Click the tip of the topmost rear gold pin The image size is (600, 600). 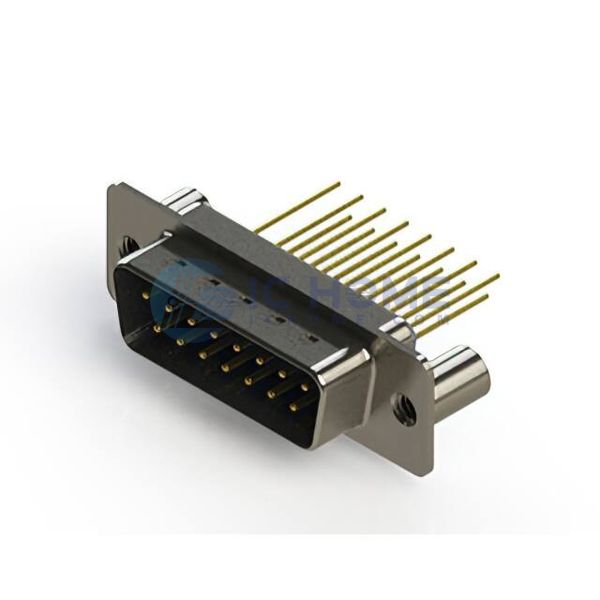[x=338, y=184]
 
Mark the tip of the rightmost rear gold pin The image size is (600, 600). [x=497, y=275]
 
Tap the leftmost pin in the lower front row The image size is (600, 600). [x=157, y=327]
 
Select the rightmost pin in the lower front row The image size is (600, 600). [x=294, y=406]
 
